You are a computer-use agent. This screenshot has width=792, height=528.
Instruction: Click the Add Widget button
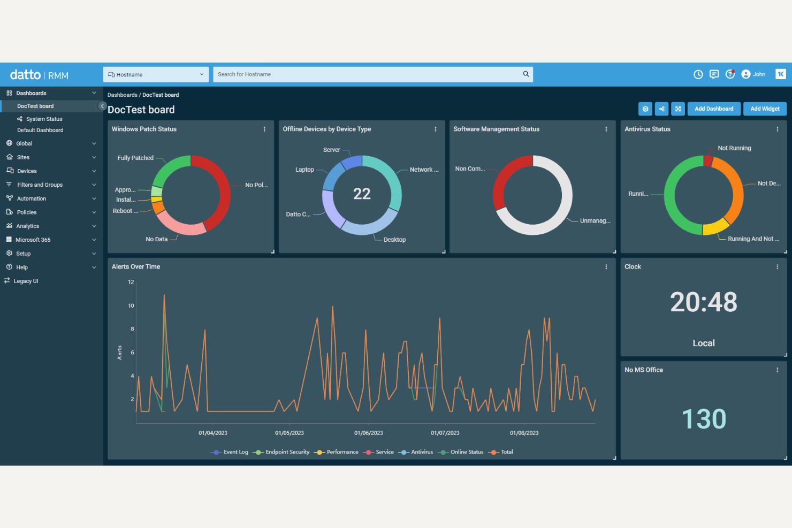[x=765, y=109]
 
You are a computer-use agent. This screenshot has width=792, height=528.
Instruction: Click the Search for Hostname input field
[x=367, y=74]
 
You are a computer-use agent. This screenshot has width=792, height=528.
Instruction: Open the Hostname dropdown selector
[x=156, y=74]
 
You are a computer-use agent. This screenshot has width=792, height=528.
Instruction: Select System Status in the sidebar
[x=44, y=119]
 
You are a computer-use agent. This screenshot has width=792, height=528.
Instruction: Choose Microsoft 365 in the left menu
[x=33, y=240]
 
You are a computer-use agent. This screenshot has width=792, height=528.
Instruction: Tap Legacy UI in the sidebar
[x=26, y=281]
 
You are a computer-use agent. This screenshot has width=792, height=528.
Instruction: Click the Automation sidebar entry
[x=31, y=198]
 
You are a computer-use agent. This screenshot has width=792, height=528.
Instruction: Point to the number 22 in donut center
[x=362, y=194]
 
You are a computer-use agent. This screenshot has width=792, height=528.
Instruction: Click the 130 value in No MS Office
[x=704, y=419]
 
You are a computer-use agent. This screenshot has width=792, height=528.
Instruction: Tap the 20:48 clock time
[x=704, y=302]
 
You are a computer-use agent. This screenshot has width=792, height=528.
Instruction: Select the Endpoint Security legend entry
[x=287, y=452]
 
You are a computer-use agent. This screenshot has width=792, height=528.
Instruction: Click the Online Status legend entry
[x=466, y=452]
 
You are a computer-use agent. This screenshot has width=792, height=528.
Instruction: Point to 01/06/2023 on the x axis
[x=368, y=433]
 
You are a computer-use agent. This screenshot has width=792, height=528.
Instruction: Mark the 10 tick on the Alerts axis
[x=131, y=305]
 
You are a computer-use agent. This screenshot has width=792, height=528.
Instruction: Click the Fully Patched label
[x=135, y=158]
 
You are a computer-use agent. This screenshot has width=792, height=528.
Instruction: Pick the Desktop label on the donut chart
[x=394, y=240]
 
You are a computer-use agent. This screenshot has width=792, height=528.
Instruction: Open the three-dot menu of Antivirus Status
[x=777, y=129]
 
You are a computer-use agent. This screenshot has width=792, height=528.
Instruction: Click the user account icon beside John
[x=746, y=74]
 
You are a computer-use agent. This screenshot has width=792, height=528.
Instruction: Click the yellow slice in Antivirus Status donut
[x=715, y=228]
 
